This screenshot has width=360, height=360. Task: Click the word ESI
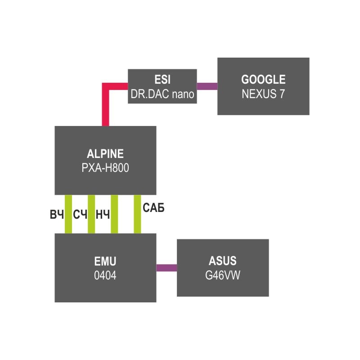click(162, 80)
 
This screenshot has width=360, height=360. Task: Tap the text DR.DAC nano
click(162, 94)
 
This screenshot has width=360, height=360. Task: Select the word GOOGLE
click(263, 80)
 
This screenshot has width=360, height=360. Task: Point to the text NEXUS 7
click(263, 94)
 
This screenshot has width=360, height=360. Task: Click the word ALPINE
click(105, 154)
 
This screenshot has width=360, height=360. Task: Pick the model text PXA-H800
click(105, 168)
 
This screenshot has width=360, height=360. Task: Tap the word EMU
click(105, 261)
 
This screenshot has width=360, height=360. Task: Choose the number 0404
click(105, 275)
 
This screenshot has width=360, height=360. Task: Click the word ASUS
click(223, 261)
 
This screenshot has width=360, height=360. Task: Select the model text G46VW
click(223, 275)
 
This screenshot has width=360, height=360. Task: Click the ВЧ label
click(57, 215)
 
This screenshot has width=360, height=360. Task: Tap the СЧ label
click(80, 215)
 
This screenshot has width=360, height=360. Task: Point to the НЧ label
click(103, 215)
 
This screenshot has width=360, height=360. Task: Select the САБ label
click(153, 208)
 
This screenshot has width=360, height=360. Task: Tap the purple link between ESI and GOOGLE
click(207, 86)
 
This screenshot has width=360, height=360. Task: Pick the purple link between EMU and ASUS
click(166, 268)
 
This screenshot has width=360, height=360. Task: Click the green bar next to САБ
click(137, 214)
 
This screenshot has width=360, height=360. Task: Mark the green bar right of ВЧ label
click(68, 214)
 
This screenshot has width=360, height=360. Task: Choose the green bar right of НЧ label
click(114, 214)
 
